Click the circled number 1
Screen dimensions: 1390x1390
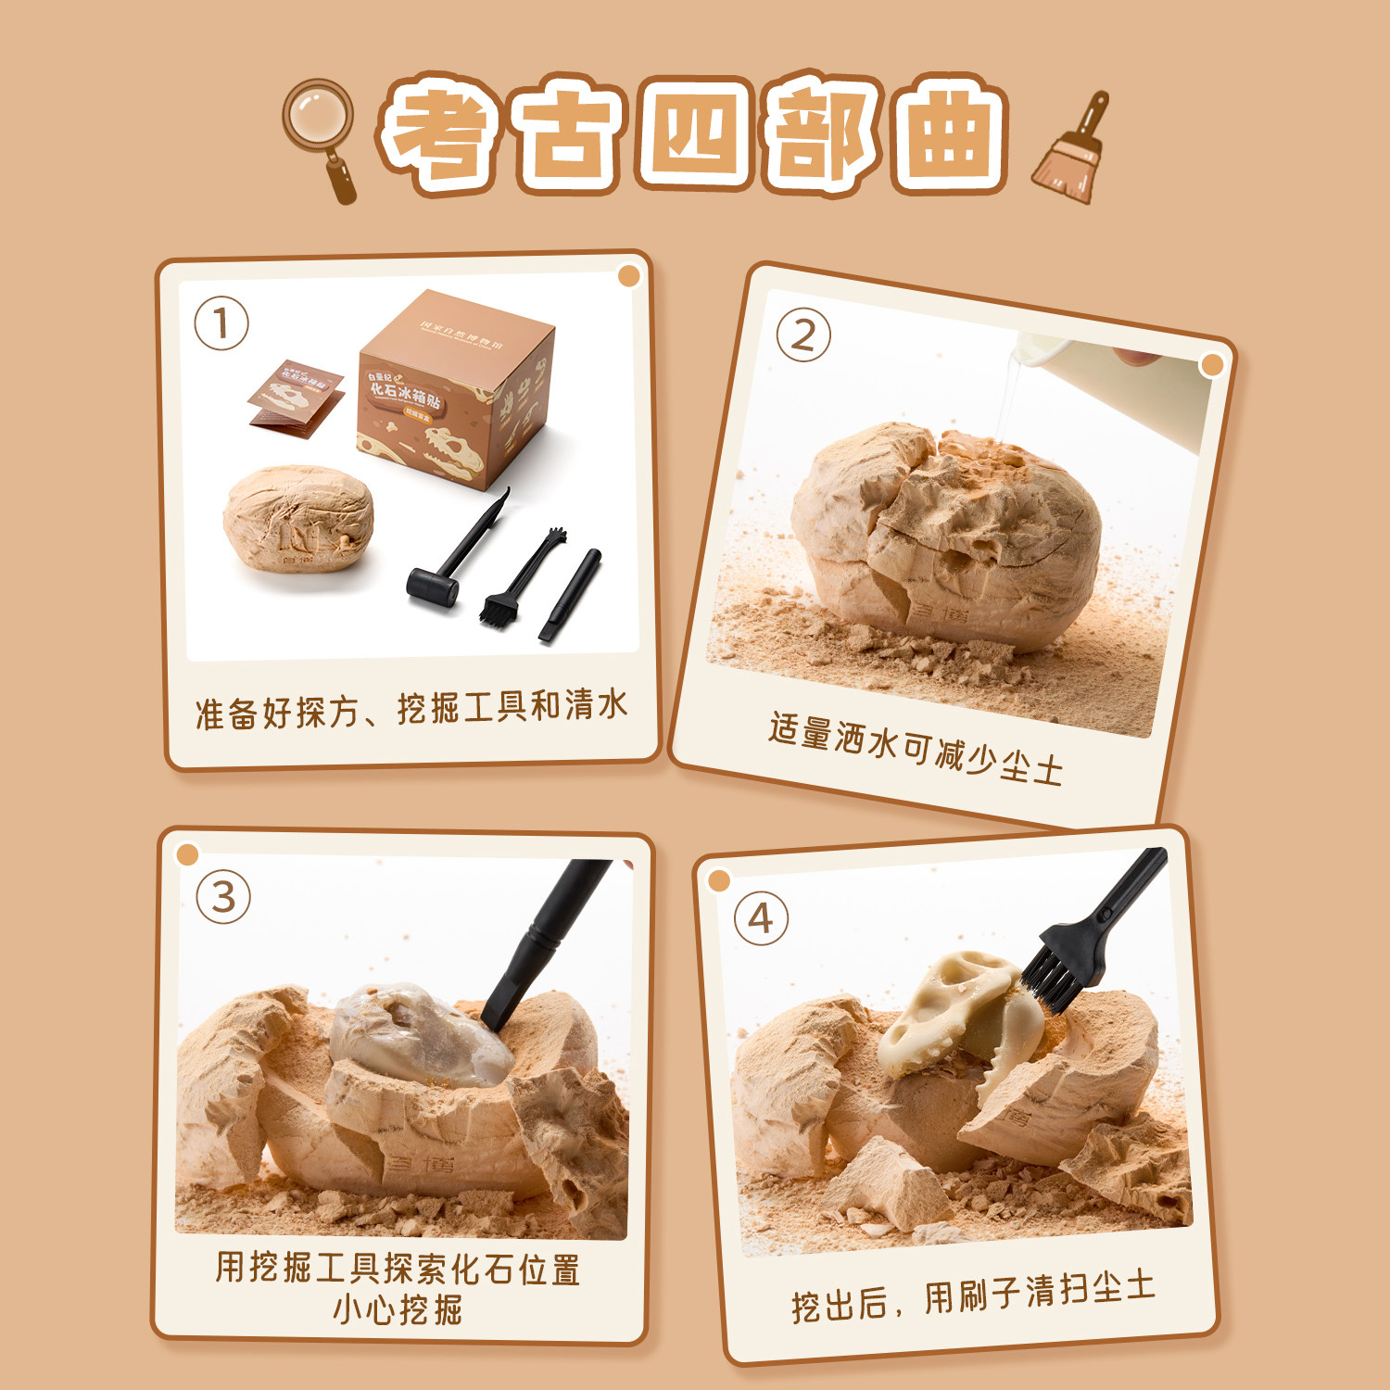[x=221, y=323]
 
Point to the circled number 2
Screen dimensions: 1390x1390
[x=802, y=335]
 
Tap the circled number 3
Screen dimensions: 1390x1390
[x=223, y=896]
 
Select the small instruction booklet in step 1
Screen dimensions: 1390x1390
[x=295, y=397]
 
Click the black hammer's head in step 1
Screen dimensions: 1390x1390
[x=433, y=586]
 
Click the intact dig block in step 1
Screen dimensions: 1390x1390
[x=299, y=517]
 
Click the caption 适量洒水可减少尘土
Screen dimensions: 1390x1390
[x=916, y=749]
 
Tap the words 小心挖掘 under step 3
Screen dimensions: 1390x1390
[x=398, y=1309]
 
